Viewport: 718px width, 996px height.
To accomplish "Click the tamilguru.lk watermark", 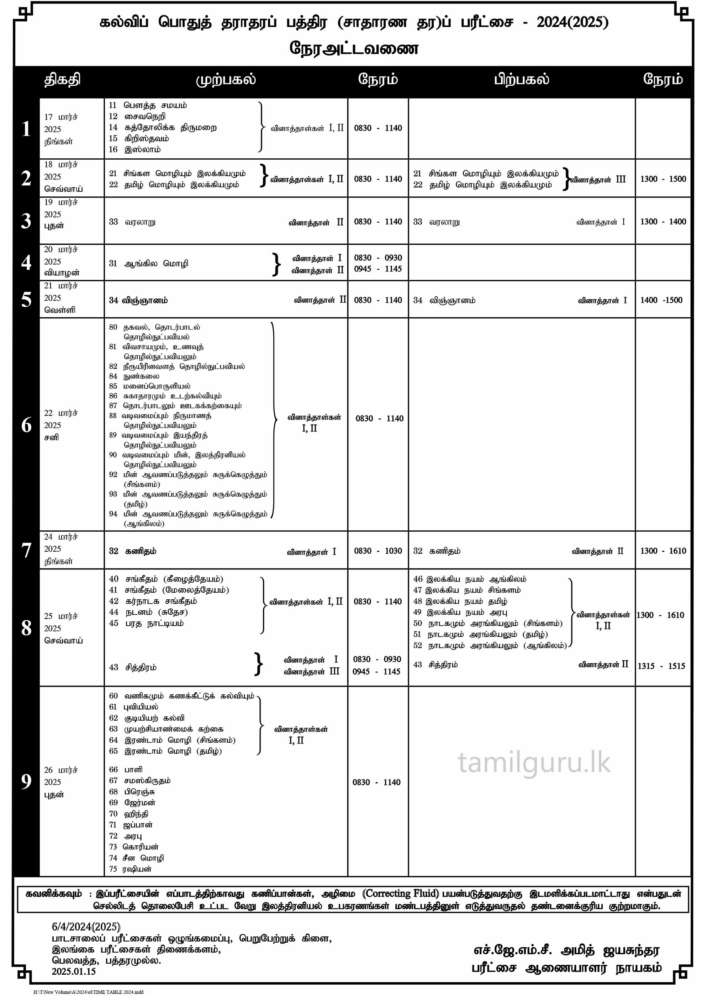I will [534, 763].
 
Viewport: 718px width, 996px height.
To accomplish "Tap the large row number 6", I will [26, 425].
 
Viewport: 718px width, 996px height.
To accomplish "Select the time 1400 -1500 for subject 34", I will [661, 300].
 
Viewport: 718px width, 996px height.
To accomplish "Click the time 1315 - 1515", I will [661, 666].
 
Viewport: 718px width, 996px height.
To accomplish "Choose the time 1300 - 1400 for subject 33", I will [662, 222].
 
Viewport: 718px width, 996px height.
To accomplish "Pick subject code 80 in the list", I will [113, 327].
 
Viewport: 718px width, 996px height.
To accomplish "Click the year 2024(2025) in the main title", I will [572, 22].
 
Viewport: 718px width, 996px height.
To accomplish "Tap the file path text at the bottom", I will [88, 992].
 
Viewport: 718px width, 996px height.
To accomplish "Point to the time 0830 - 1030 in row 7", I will [378, 551].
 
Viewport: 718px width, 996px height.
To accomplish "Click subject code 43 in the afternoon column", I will [418, 664].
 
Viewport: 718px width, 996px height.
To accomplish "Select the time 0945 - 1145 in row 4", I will [378, 269].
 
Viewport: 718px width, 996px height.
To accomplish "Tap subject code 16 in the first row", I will [113, 149].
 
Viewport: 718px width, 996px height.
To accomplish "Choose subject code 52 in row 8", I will [418, 645].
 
